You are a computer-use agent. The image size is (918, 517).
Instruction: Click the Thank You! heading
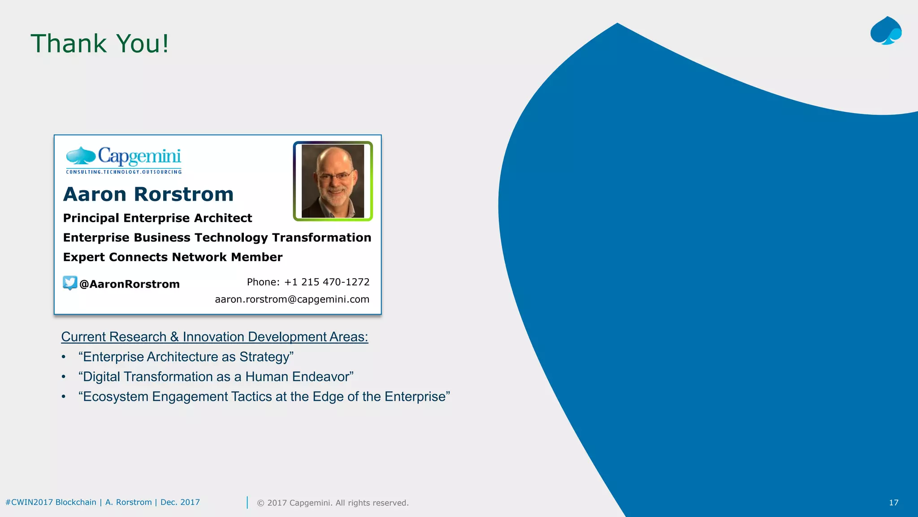[100, 44]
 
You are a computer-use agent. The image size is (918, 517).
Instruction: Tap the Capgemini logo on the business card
[124, 157]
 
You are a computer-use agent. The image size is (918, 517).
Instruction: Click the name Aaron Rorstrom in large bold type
[148, 194]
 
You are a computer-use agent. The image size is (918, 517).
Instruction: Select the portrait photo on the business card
[333, 181]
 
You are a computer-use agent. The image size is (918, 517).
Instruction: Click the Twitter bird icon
[70, 283]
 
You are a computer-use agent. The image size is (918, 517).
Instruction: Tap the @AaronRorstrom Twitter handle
[130, 284]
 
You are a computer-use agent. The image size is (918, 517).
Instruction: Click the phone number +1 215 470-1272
[327, 282]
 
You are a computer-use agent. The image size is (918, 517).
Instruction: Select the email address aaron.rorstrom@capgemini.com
[292, 299]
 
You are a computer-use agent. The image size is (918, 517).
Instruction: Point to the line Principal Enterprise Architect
[157, 218]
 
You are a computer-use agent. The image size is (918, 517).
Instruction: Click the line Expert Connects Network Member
[173, 257]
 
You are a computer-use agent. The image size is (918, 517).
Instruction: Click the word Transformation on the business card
[321, 237]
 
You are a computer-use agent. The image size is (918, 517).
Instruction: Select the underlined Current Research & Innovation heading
[214, 337]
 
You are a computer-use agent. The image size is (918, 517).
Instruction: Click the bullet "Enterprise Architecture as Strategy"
[186, 357]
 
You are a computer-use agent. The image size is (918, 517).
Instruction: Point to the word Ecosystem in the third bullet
[116, 397]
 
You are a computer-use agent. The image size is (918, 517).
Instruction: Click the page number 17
[893, 503]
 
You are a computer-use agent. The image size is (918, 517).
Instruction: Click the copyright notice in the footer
[333, 503]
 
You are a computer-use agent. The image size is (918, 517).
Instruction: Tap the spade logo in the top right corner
[886, 31]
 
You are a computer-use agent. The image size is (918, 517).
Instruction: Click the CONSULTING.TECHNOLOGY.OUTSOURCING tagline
[124, 172]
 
